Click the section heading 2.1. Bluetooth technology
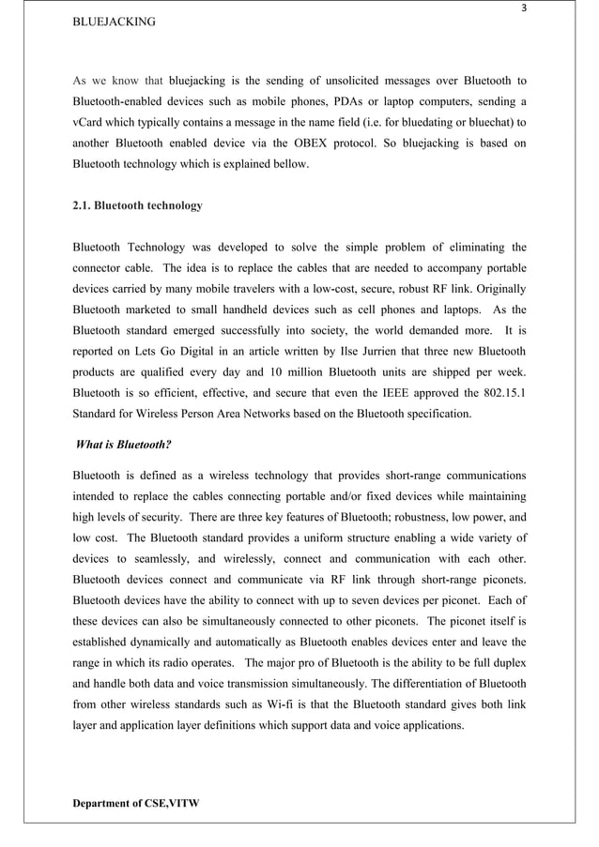click(x=137, y=205)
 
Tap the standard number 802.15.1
click(x=497, y=390)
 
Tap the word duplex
click(x=509, y=662)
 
